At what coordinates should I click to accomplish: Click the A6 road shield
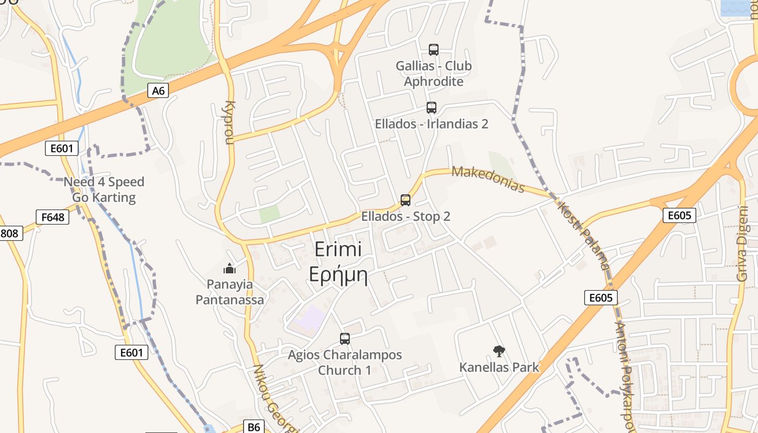(x=158, y=90)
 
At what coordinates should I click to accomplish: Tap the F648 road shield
(x=53, y=217)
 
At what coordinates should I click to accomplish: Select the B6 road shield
(x=254, y=427)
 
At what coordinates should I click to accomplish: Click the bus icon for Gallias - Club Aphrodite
(x=434, y=50)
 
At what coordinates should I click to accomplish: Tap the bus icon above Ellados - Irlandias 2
(x=432, y=107)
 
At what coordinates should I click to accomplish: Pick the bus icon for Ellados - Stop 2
(x=406, y=200)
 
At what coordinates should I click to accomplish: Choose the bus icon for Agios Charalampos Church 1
(x=345, y=339)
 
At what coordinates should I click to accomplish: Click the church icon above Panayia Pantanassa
(x=230, y=268)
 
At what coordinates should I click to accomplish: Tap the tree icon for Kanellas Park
(x=499, y=351)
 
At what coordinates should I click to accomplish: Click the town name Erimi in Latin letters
(x=338, y=250)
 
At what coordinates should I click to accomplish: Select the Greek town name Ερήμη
(x=338, y=275)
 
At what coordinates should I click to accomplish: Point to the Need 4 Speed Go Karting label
(x=104, y=189)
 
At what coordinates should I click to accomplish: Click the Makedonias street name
(x=488, y=180)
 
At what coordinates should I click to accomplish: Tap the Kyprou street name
(x=230, y=122)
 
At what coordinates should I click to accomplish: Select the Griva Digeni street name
(x=742, y=244)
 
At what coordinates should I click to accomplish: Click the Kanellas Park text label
(x=499, y=368)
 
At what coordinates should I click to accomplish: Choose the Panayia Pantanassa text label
(x=230, y=292)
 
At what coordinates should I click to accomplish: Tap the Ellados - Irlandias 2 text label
(x=432, y=124)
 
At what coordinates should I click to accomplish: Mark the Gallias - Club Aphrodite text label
(x=434, y=74)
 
